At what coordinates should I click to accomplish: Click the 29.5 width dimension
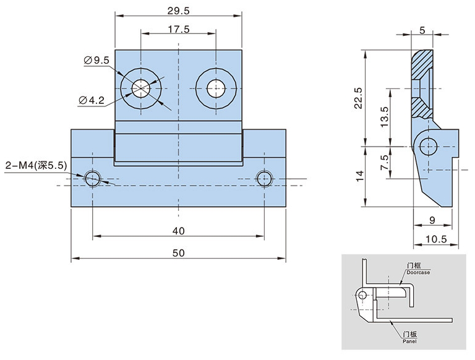point(178,10)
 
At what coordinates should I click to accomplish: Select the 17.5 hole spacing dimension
point(178,28)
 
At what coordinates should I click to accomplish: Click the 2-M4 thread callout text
point(35,166)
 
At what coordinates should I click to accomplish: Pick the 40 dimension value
point(178,231)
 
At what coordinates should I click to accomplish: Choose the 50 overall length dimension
point(178,253)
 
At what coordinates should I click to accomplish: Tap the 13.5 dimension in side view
point(384,116)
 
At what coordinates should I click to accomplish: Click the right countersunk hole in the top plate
point(216,87)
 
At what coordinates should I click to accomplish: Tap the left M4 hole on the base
point(93,179)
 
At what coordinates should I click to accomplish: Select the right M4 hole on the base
point(264,179)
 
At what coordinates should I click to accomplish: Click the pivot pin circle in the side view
point(427,147)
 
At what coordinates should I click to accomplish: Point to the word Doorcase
point(419,272)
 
